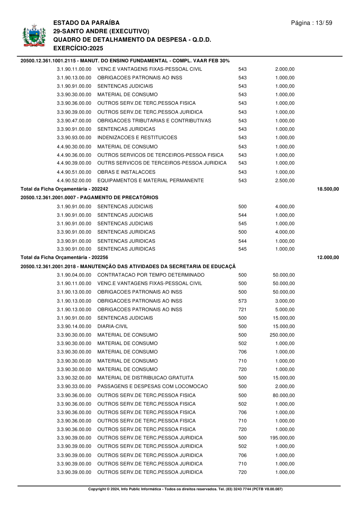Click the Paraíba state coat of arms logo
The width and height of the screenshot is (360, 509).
click(x=32, y=36)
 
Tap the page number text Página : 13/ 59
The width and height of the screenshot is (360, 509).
click(x=312, y=23)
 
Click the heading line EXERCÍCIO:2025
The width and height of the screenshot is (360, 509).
click(x=78, y=48)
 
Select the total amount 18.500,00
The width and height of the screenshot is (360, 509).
click(x=328, y=188)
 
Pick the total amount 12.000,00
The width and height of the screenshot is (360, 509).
click(x=328, y=257)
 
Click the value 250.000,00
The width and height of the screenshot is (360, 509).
click(x=282, y=335)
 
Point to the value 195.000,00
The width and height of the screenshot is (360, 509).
click(x=282, y=438)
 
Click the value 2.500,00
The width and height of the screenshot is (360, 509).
click(x=285, y=180)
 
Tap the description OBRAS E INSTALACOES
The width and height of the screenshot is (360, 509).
click(x=126, y=172)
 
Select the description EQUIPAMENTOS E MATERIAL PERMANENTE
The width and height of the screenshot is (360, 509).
click(x=150, y=180)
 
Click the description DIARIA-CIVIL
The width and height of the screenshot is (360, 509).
click(x=112, y=326)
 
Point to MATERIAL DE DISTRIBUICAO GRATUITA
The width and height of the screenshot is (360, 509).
click(x=145, y=378)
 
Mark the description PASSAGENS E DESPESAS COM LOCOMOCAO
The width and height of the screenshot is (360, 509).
click(x=152, y=387)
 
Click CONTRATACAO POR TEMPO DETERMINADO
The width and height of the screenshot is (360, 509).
click(x=151, y=275)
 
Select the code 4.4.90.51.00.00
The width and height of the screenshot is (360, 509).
click(x=74, y=172)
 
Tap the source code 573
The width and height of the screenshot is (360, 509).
click(x=242, y=301)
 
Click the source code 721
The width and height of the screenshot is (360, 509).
click(x=242, y=309)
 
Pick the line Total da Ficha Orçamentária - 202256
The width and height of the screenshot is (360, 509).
click(x=64, y=257)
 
